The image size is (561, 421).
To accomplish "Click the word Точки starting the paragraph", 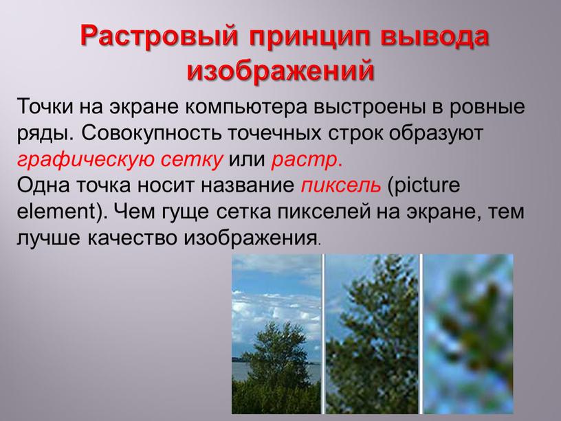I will (x=42, y=108).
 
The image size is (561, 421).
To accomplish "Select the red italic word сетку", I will (x=194, y=161).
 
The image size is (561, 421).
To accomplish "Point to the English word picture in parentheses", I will (x=428, y=186).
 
